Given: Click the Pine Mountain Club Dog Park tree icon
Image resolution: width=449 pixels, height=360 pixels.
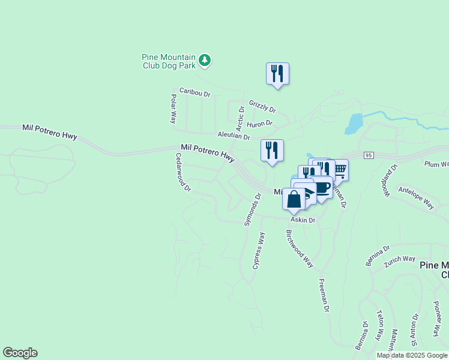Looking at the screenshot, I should tap(205, 60).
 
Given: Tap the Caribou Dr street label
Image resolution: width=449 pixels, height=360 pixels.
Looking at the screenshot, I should tap(195, 94).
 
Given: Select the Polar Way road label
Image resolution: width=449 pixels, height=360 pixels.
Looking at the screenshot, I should tap(173, 109).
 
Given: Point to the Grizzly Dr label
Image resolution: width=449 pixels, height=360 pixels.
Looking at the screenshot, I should tap(262, 107).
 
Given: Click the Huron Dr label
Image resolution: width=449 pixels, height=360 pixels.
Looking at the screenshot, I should tap(260, 124).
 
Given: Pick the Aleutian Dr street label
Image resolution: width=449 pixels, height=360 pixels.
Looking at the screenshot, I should tap(234, 136).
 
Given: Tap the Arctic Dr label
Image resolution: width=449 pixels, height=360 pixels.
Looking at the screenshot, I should tap(241, 118).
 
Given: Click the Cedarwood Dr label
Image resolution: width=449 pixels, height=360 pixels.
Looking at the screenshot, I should tap(182, 172).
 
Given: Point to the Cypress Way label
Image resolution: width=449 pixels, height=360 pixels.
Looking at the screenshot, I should tap(259, 251).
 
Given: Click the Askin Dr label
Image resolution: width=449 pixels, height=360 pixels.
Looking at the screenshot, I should tap(304, 220).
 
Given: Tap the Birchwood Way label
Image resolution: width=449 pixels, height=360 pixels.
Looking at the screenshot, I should tap(300, 248).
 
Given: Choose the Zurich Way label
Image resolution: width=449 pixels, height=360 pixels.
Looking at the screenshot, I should tap(400, 259).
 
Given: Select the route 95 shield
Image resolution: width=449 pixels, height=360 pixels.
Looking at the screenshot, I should tap(369, 155).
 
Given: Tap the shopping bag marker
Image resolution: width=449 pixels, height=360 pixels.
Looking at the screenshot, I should tap(294, 199).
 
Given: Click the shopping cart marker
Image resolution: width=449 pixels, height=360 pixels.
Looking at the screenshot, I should tap(339, 170).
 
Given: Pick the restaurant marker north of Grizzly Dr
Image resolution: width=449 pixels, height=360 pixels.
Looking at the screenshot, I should tap(277, 73).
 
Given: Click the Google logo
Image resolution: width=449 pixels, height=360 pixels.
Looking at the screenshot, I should tap(20, 353).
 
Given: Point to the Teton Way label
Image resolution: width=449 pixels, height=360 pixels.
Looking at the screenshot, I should tap(379, 326).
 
